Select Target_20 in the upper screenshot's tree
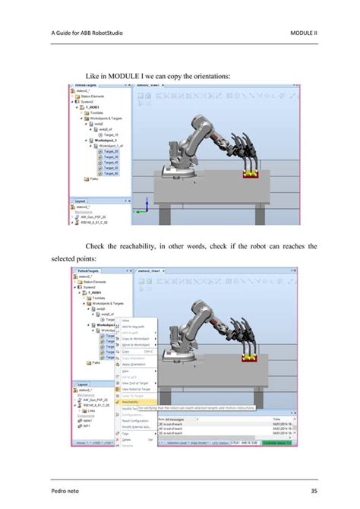click(110, 151)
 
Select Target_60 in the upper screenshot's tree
click(110, 172)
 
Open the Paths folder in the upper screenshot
click(97, 179)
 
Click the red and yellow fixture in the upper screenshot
click(251, 174)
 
